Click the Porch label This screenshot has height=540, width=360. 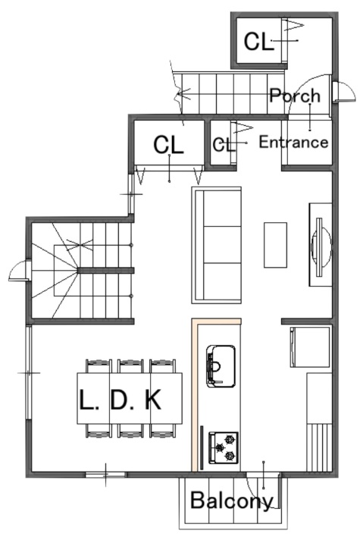coord(295,96)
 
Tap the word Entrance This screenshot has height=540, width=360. coord(293,142)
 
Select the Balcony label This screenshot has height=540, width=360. coord(232,501)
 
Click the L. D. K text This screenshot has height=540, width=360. coord(120,400)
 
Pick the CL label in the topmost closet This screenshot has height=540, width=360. coord(258,42)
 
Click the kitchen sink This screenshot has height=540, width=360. coord(221,366)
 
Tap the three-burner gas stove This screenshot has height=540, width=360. coord(223,447)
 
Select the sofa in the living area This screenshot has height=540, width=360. coord(216,245)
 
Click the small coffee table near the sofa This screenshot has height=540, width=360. coord(275,245)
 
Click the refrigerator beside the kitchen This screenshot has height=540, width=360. coord(311,347)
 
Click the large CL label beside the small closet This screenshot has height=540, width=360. coord(168,145)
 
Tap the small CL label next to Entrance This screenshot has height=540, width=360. coord(224,145)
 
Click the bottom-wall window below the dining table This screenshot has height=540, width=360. coord(105,475)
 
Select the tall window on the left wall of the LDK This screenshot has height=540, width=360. coord(29,372)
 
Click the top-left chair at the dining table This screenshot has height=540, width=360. coord(99,366)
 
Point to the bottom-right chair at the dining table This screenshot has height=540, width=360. coord(162,431)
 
